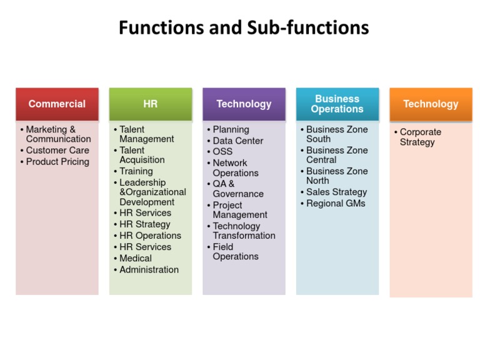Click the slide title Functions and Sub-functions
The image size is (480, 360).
[244, 27]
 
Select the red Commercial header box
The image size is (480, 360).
[57, 104]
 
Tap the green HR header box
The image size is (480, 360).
[150, 104]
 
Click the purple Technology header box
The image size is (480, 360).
[244, 104]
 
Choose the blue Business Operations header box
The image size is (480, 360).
[337, 104]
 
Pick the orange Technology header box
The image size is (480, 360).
[431, 104]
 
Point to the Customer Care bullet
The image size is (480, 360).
[57, 151]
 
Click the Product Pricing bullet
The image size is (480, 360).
[57, 162]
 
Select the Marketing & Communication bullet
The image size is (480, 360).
[58, 134]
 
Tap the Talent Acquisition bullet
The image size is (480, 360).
[142, 155]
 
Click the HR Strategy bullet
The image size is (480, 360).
[144, 224]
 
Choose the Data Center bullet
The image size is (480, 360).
[237, 141]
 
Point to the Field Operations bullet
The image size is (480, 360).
[235, 251]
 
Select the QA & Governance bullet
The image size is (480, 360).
[237, 189]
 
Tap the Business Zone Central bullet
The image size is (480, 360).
[336, 155]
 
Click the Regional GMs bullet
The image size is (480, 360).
[336, 204]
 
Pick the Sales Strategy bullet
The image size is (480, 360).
[336, 192]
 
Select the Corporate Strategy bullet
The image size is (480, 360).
[420, 137]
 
